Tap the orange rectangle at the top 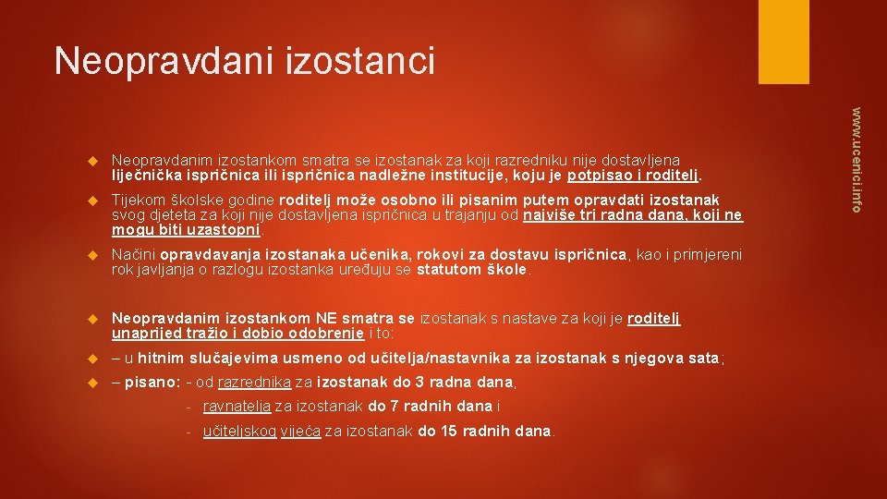[783, 42]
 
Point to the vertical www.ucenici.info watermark [857, 159]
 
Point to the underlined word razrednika [253, 382]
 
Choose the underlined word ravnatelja [237, 407]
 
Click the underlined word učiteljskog [238, 431]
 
